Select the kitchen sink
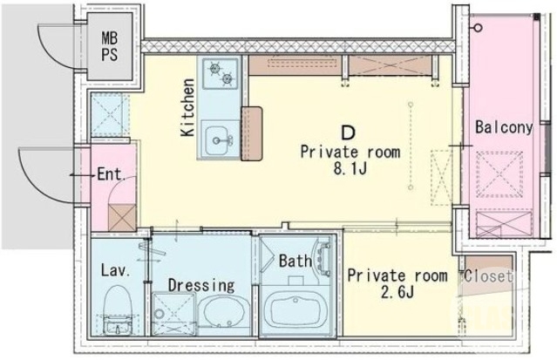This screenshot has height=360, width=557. coord(217,138)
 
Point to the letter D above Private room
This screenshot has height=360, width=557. coord(348,133)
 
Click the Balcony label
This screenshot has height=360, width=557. coord(504,127)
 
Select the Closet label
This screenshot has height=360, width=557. coord(488,277)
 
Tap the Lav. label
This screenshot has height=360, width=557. coord(115,270)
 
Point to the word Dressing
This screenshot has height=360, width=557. coord(201,285)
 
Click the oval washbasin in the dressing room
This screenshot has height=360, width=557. coord(224,313)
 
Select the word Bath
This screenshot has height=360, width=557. coord(295,260)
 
